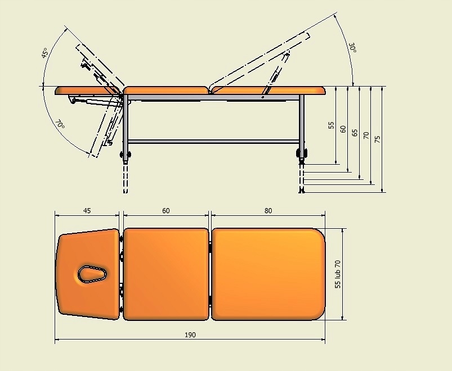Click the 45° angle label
44,53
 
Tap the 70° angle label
60,124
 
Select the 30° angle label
353,48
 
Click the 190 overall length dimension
190,334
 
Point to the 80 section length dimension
268,211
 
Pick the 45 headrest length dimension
87,211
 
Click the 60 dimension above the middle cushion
165,211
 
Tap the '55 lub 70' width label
338,274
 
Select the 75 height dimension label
377,139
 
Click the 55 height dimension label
331,125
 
